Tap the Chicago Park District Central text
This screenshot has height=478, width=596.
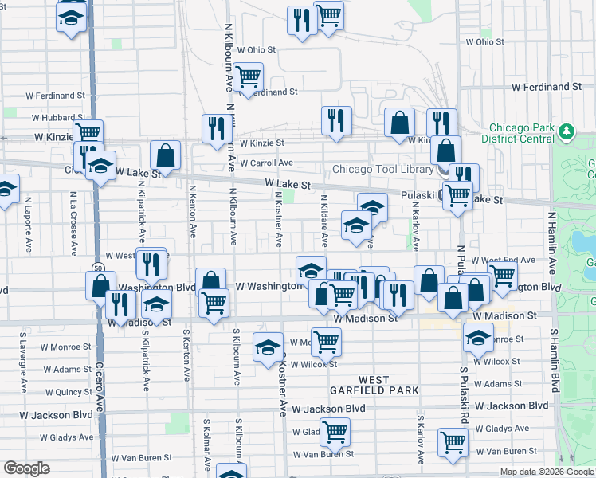[x=521, y=133]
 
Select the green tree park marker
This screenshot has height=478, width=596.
[x=567, y=130]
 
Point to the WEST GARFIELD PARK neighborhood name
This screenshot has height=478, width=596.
[x=374, y=385]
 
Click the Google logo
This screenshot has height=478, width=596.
[x=26, y=468]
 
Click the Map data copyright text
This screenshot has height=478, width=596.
[x=546, y=472]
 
